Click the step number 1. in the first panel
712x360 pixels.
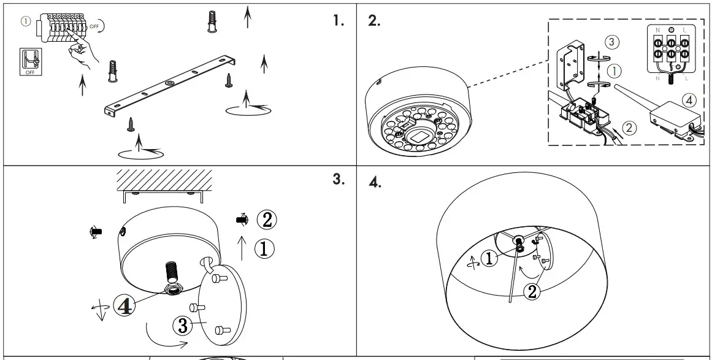(x=339, y=20)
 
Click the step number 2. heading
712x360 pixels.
(x=373, y=20)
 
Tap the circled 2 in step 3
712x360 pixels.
(x=265, y=218)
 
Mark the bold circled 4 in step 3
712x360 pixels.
(x=124, y=306)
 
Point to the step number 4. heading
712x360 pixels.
(x=376, y=182)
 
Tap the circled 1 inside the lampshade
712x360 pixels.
(x=489, y=259)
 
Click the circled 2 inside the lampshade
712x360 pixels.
(x=532, y=291)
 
